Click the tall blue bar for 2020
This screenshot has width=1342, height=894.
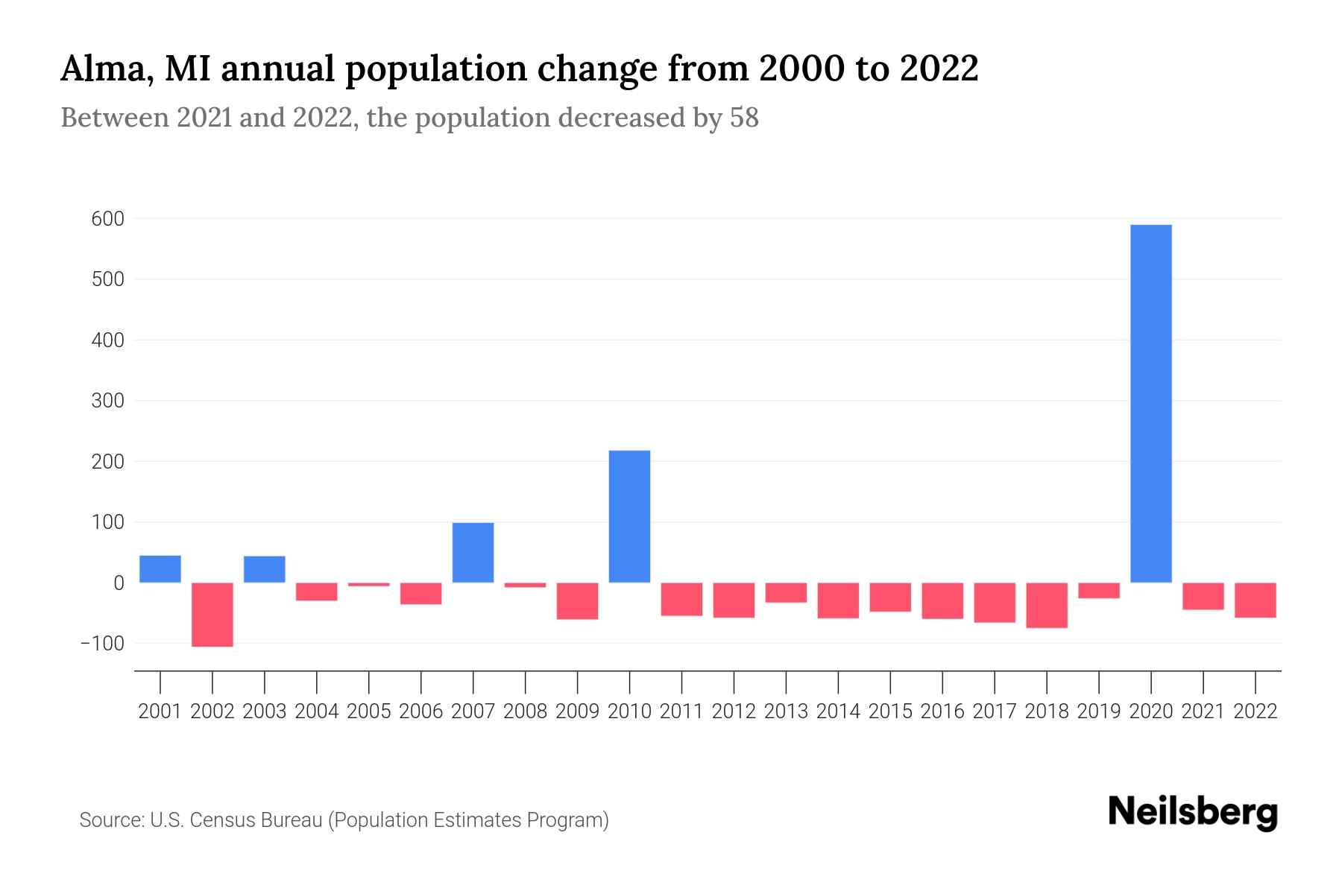click(1150, 403)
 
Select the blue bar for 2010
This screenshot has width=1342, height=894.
click(629, 516)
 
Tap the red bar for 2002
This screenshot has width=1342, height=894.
click(212, 614)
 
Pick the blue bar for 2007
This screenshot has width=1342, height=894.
click(473, 552)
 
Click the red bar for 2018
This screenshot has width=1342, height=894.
click(1047, 605)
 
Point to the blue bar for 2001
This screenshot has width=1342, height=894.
click(160, 568)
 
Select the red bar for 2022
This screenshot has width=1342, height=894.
click(1256, 600)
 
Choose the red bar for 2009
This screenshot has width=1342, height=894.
click(577, 600)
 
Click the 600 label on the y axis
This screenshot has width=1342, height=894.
click(108, 219)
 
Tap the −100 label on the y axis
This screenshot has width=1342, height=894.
click(102, 643)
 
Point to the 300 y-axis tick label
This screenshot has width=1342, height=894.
click(108, 401)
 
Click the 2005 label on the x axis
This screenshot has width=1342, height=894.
click(369, 711)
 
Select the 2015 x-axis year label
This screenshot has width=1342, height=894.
click(890, 711)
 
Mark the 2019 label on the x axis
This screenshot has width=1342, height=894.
click(1099, 711)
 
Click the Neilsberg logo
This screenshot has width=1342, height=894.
click(1193, 813)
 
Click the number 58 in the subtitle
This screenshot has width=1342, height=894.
click(743, 118)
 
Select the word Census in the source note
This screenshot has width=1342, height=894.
click(224, 820)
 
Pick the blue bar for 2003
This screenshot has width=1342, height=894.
click(265, 569)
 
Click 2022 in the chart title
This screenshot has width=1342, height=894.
click(939, 69)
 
